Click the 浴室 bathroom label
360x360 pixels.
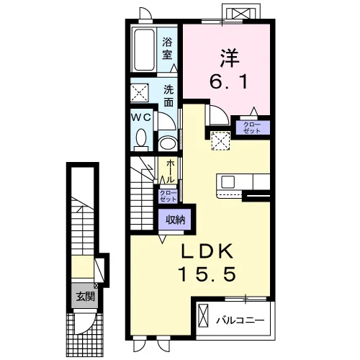click(167, 48)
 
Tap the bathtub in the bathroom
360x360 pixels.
click(144, 50)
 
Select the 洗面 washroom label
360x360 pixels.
click(168, 96)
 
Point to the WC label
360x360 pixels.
click(141, 117)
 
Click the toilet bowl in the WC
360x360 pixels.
click(141, 138)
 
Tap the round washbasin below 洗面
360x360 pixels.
click(168, 143)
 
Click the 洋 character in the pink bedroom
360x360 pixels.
click(230, 58)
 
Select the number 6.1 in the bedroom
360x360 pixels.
click(228, 81)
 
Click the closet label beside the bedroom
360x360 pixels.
click(251, 127)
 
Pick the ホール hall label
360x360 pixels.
click(170, 171)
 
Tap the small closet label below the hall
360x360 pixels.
click(168, 196)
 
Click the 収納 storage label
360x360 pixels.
click(176, 220)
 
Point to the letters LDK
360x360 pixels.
click(207, 251)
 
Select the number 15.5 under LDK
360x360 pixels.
click(207, 274)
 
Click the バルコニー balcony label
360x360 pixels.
click(240, 320)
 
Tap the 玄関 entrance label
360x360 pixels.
click(86, 297)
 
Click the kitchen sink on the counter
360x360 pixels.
click(228, 182)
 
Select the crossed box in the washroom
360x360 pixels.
click(140, 93)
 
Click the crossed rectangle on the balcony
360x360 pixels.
click(203, 315)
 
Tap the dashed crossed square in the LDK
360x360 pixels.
click(220, 140)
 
